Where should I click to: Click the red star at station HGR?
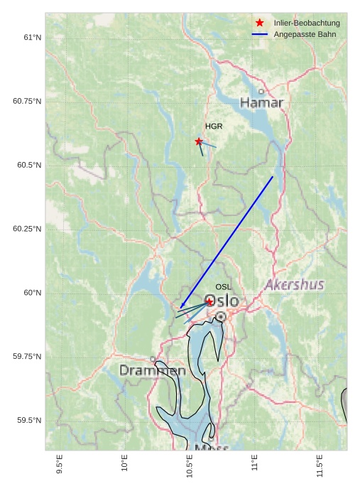[x=199, y=141]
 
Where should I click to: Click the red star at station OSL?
[x=209, y=302]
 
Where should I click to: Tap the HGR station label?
[x=214, y=126]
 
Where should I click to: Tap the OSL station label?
[x=223, y=287]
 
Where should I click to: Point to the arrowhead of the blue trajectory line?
[x=181, y=308]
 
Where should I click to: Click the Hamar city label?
[x=261, y=103]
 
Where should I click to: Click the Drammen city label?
[x=152, y=371]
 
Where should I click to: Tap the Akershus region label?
[x=294, y=285]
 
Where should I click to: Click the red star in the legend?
[x=260, y=23]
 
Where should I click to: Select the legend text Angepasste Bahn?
[x=305, y=34]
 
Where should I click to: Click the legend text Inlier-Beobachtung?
[x=307, y=23]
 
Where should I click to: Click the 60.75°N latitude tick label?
[x=27, y=101]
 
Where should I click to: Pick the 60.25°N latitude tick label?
[x=27, y=229]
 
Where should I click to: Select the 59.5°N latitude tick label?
[x=29, y=421]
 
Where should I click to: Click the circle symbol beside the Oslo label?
[x=221, y=316]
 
